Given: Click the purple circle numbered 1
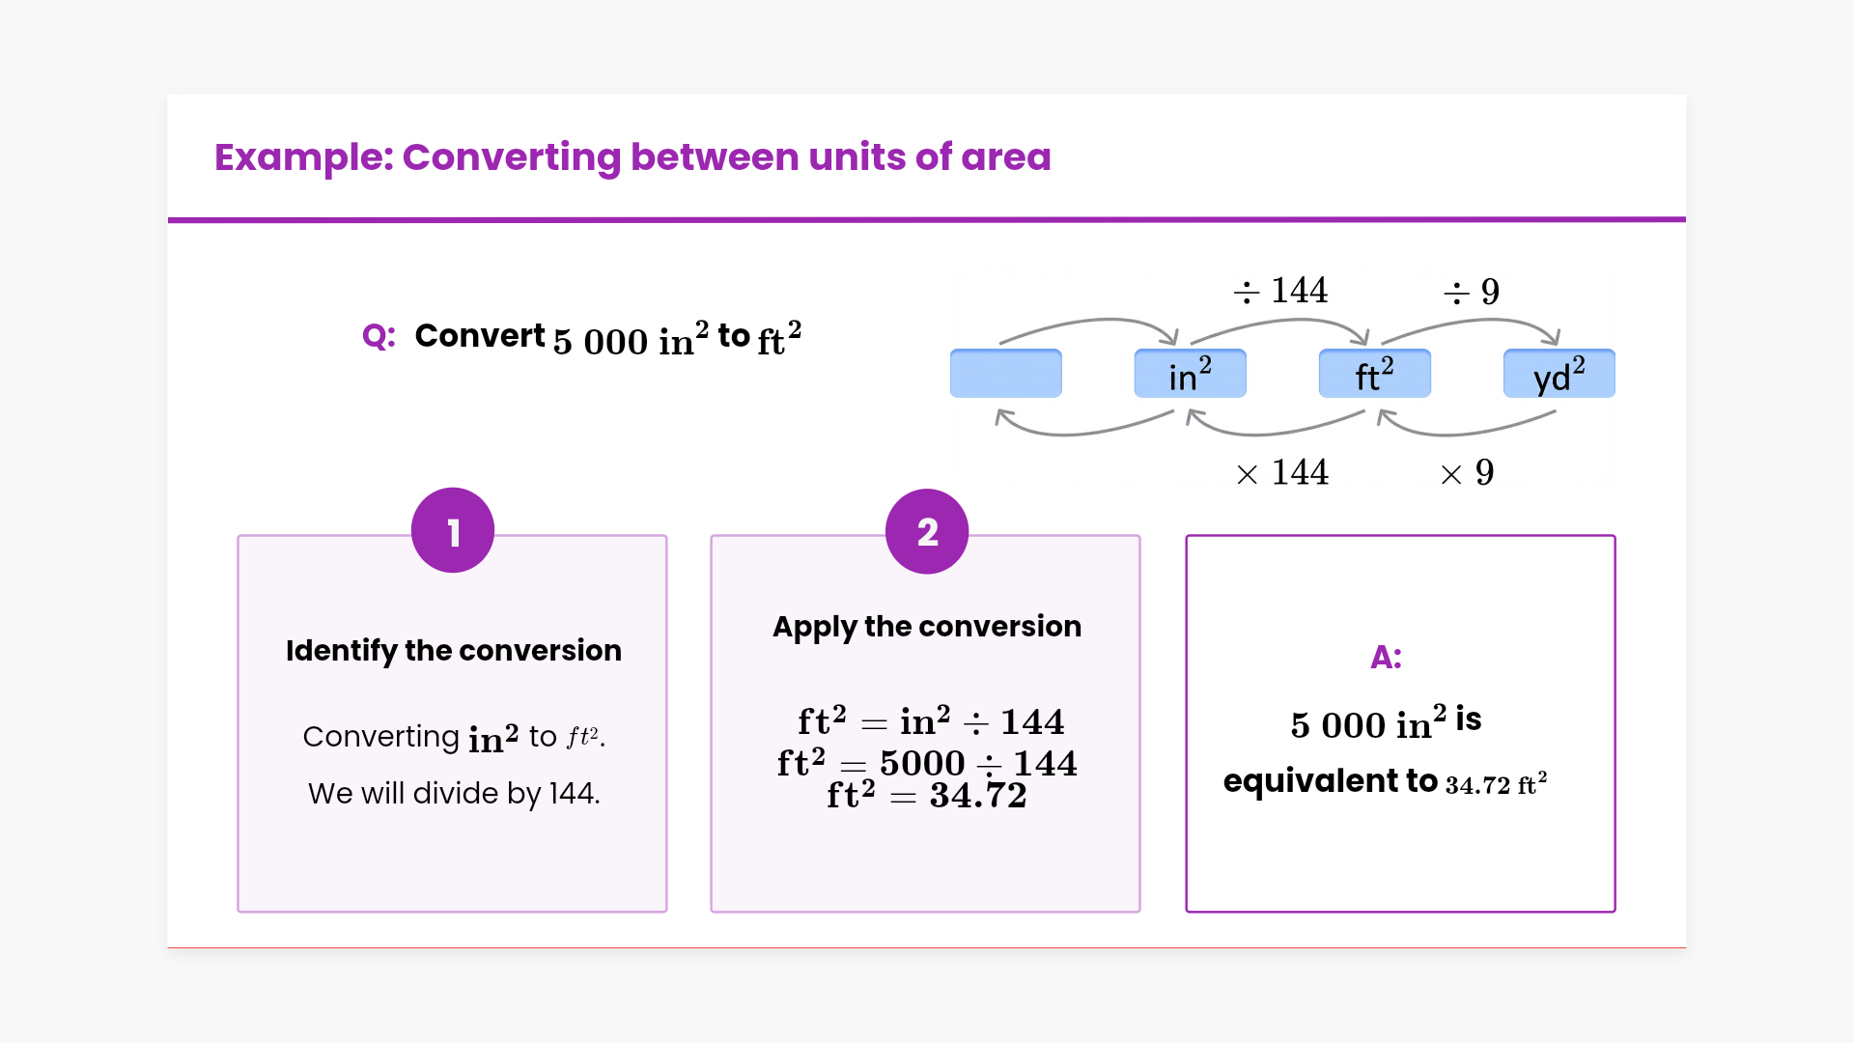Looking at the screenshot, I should click(x=453, y=530).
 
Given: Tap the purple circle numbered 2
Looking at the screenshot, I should click(x=927, y=531).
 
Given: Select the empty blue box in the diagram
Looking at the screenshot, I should click(x=1005, y=374).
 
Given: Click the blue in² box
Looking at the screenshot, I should click(x=1190, y=374).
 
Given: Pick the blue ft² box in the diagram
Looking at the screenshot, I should click(x=1374, y=374).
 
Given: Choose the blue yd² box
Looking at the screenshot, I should click(x=1559, y=374).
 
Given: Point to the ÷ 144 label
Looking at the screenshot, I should click(x=1280, y=291).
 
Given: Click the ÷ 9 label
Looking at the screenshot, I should click(x=1471, y=292).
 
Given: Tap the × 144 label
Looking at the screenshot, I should click(x=1281, y=473).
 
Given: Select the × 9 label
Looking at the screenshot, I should click(x=1467, y=473).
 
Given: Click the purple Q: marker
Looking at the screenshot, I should click(x=379, y=336).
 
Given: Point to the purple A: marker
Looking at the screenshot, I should click(x=1386, y=657).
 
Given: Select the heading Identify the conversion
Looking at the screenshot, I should click(x=453, y=650).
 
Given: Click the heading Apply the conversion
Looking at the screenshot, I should click(x=926, y=627).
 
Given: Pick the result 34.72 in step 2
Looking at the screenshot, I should click(x=977, y=796).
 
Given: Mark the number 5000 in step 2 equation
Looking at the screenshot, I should click(x=922, y=764).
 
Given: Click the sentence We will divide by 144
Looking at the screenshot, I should click(x=454, y=793).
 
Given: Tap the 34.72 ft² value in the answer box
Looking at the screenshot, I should click(x=1496, y=783).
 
